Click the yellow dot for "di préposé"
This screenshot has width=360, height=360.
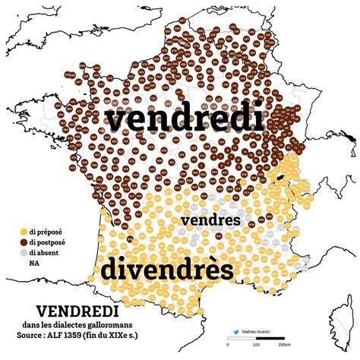24,230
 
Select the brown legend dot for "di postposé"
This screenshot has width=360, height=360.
24,241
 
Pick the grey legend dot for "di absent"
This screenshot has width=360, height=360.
24,252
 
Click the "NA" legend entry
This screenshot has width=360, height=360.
34,264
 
